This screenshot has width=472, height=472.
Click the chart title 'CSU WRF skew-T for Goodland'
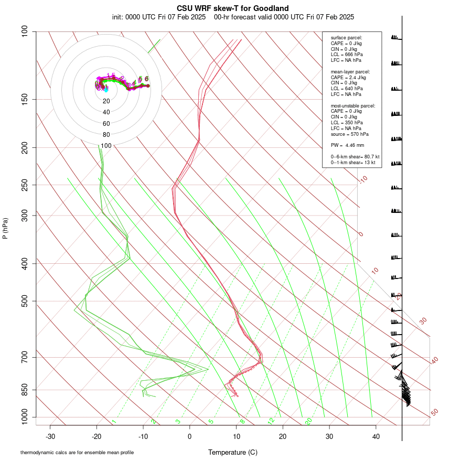click(232, 8)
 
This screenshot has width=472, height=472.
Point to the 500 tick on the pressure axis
click(25, 301)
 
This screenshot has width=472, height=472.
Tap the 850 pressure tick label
click(25, 390)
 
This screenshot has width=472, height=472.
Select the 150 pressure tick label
click(25, 99)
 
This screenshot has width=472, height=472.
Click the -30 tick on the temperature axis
click(50, 436)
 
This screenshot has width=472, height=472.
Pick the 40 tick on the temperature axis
click(376, 436)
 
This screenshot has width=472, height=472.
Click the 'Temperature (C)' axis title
click(232, 452)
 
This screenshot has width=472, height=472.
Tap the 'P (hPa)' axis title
click(5, 228)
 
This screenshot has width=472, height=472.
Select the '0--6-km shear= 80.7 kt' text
click(355, 157)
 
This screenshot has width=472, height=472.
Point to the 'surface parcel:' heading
click(346, 38)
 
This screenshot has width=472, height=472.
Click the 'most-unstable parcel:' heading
click(352, 106)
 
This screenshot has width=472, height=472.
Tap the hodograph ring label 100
click(106, 146)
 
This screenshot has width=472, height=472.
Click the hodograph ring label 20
click(106, 101)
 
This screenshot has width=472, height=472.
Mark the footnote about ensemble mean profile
click(77, 452)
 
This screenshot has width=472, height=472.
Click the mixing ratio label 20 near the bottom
click(308, 421)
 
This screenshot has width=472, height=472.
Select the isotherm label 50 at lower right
click(434, 413)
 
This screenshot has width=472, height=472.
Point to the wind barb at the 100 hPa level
click(395, 38)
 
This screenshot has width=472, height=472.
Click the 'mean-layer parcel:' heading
click(350, 71)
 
